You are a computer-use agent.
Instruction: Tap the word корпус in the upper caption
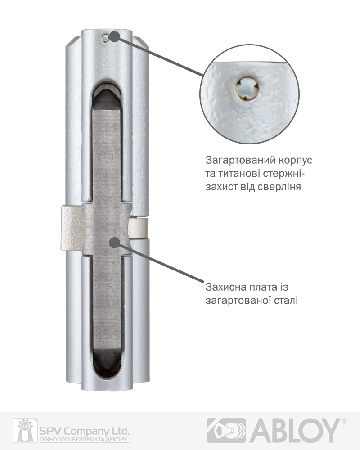point(295,161)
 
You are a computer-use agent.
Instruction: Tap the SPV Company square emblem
point(25,431)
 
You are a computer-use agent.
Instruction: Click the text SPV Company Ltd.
point(84,431)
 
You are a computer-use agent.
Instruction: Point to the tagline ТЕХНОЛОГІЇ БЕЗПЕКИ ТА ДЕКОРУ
point(84,440)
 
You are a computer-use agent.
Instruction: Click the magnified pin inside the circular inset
point(247,89)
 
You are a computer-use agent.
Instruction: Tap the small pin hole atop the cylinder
point(105,38)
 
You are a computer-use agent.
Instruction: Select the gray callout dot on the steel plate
point(114,243)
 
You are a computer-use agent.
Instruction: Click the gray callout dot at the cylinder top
point(115,36)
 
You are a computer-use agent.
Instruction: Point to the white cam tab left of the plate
point(72,228)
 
